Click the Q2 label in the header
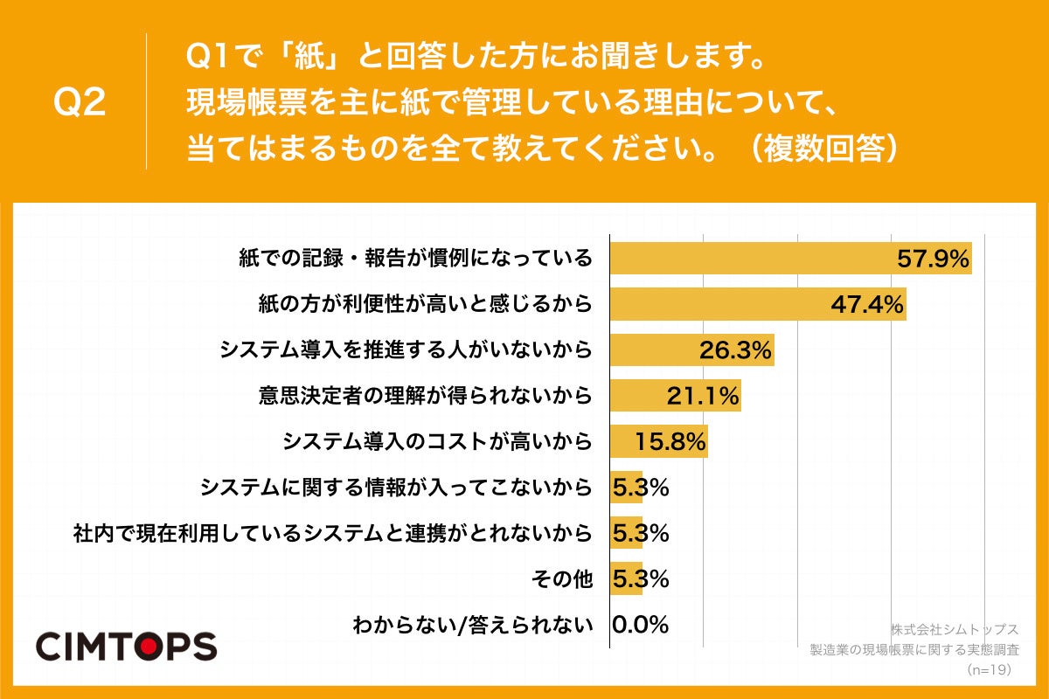(x=80, y=103)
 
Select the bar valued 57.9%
(x=752, y=259)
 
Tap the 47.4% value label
(x=865, y=305)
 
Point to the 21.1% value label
(x=703, y=397)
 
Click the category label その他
(x=562, y=578)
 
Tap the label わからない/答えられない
(x=472, y=625)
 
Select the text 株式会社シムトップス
(x=955, y=629)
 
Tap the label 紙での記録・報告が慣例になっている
(x=415, y=259)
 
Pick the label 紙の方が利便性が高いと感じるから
(x=425, y=305)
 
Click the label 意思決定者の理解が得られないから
(x=425, y=397)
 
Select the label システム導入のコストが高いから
(x=437, y=442)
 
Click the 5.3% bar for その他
(x=625, y=578)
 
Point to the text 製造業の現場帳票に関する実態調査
(x=914, y=650)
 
